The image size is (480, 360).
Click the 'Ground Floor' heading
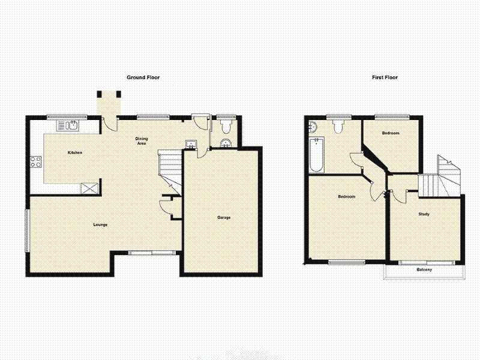pos(143,77)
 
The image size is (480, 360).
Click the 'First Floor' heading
pos(385,77)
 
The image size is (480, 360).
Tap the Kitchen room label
pos(74,153)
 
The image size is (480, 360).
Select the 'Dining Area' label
pos(141,141)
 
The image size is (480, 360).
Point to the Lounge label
pos(100,225)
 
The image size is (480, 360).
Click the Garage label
pos(223,217)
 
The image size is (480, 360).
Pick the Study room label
pos(424,214)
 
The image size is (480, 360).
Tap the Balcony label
pos(424,270)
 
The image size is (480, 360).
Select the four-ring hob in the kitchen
pos(35,161)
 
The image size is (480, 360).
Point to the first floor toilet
pos(337,126)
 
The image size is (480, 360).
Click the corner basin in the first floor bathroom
pos(313,126)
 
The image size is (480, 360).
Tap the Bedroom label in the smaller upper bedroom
pos(391,133)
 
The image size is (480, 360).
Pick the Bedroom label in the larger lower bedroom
pos(346,197)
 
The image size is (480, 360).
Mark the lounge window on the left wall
pos(26,230)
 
